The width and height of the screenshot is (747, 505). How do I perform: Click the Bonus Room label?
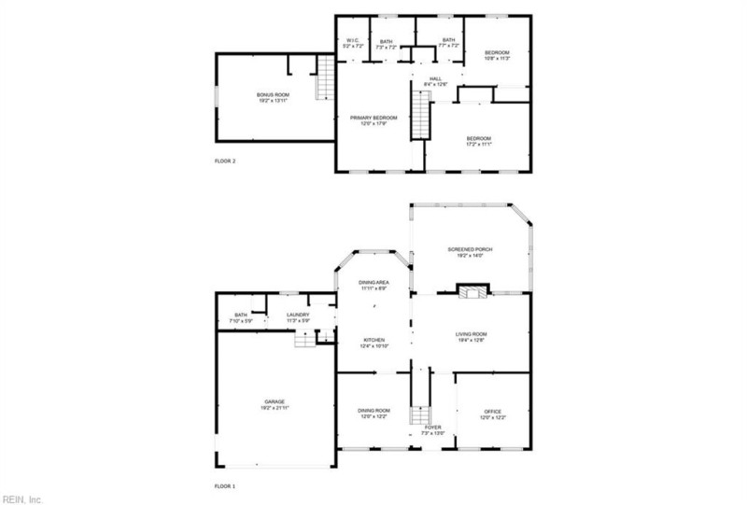(x=274, y=96)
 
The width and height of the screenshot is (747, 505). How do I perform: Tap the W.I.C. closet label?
(x=352, y=40)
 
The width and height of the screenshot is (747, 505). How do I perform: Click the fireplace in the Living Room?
(x=472, y=292)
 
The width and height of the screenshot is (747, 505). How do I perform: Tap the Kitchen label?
(x=373, y=342)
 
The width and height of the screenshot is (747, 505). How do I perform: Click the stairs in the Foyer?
(x=419, y=415)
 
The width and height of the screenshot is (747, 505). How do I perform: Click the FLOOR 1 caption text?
(x=225, y=486)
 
